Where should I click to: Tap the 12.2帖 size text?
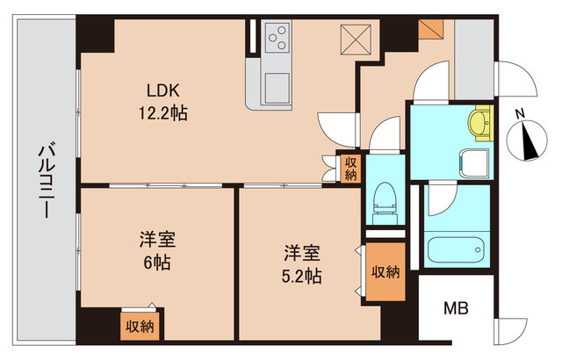click(x=164, y=113)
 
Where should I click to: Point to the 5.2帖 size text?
click(x=300, y=276)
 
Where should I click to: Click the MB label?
click(x=456, y=309)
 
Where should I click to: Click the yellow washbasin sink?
click(x=479, y=124)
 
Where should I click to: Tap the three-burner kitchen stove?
click(x=281, y=38)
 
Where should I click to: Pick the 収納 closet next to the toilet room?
click(x=351, y=168)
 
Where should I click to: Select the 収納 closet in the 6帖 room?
click(x=138, y=326)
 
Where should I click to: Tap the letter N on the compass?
click(x=520, y=113)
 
